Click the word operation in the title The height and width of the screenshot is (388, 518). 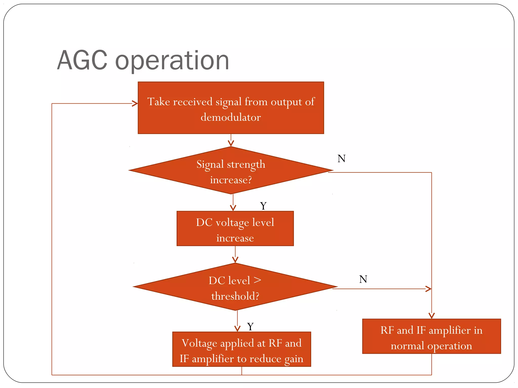click(x=172, y=61)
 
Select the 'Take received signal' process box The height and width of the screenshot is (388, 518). click(x=231, y=108)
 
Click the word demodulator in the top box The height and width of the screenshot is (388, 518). click(x=231, y=117)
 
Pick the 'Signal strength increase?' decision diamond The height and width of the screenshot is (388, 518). click(x=231, y=171)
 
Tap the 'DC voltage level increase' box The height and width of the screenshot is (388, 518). click(x=235, y=229)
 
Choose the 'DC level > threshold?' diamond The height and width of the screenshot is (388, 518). click(x=235, y=287)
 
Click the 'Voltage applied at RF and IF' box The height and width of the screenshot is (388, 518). click(x=242, y=349)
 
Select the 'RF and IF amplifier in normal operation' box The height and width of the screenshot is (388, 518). click(x=431, y=336)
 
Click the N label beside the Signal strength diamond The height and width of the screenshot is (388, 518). click(x=341, y=159)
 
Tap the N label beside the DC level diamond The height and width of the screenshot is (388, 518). click(x=363, y=279)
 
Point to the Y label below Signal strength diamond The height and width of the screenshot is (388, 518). click(x=263, y=206)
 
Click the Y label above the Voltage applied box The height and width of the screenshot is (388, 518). click(x=250, y=327)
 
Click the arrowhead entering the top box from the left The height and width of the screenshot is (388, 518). click(x=135, y=103)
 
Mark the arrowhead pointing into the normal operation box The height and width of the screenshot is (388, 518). click(x=431, y=316)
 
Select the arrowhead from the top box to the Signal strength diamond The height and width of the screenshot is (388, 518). click(x=231, y=144)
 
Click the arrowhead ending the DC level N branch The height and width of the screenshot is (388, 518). click(x=428, y=289)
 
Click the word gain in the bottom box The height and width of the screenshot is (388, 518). click(x=294, y=359)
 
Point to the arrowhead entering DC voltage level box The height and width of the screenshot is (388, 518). click(x=233, y=208)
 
